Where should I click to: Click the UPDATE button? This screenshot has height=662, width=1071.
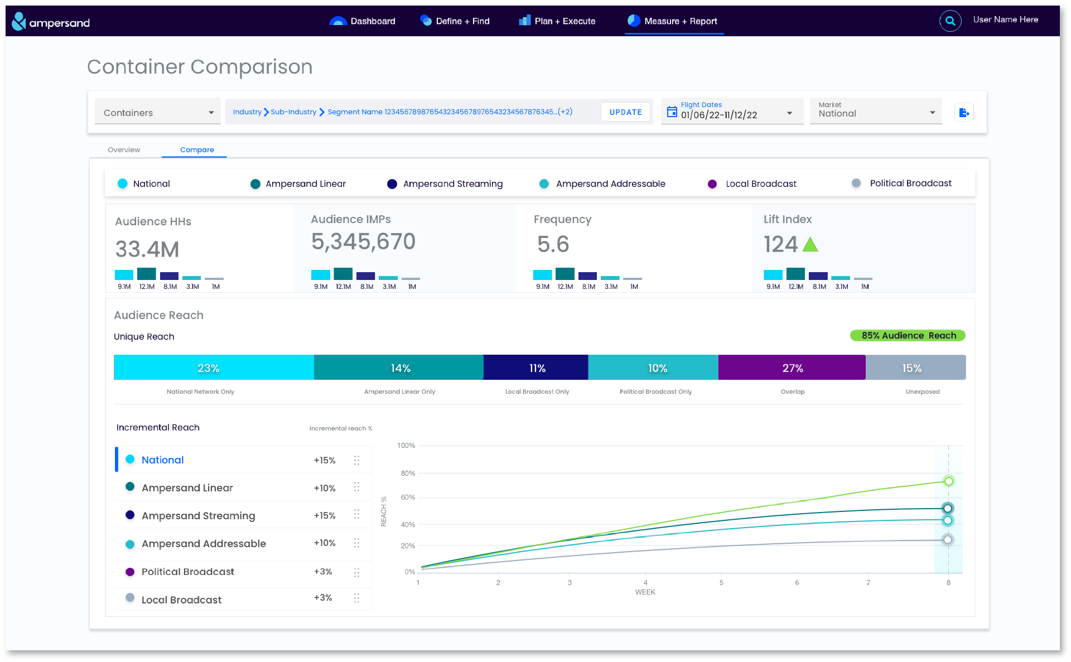(x=625, y=112)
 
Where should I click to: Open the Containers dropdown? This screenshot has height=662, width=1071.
(x=158, y=112)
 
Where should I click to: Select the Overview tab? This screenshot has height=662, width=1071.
(x=124, y=149)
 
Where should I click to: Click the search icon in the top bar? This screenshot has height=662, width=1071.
(x=950, y=21)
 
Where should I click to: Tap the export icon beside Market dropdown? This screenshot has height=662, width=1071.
(x=964, y=113)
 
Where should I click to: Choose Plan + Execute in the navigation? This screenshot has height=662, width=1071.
(x=557, y=21)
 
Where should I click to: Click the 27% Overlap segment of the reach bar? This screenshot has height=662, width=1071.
(x=792, y=368)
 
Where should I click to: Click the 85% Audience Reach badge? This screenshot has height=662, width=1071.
(x=908, y=335)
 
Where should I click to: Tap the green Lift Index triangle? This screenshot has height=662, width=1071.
(x=810, y=245)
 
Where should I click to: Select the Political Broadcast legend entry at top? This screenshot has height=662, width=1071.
(x=902, y=183)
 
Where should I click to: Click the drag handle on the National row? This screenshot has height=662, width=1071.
(x=356, y=460)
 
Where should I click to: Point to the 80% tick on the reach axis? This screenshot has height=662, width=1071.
(x=408, y=473)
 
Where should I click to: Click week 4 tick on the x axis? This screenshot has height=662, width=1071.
(x=645, y=582)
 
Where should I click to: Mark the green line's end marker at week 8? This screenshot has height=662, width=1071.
(x=948, y=481)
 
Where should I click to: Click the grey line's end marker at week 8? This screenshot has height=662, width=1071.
(x=948, y=539)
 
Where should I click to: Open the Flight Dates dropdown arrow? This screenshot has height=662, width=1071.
(x=789, y=113)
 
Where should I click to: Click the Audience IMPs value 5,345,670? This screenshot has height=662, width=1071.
(x=363, y=241)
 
